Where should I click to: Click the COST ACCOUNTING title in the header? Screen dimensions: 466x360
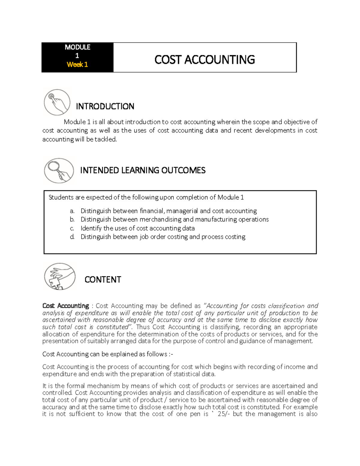[205, 60]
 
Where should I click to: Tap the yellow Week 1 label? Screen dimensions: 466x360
[77, 65]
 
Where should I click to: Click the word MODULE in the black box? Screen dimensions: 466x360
[77, 47]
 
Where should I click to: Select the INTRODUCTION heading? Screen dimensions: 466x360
[105, 107]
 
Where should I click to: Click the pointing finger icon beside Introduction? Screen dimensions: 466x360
[57, 102]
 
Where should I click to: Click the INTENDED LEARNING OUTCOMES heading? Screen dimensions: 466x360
[142, 170]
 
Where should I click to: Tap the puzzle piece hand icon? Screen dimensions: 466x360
[60, 276]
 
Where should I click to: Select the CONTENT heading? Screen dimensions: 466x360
[103, 280]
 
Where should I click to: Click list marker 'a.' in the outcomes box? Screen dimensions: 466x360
[72, 211]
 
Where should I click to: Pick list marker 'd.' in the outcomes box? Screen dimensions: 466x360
[72, 237]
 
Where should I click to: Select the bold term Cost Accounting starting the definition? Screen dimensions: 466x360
[66, 306]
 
